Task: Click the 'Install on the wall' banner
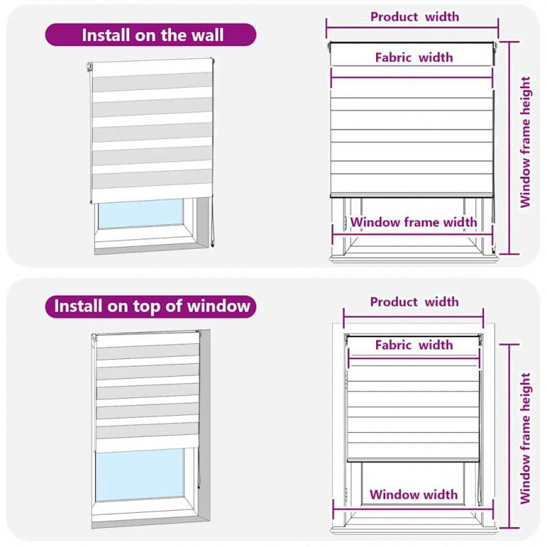point(150,35)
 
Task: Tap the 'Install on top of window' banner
point(150,306)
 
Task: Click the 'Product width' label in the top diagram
point(414,16)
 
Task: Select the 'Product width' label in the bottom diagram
point(414,302)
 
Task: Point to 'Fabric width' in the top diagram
point(414,57)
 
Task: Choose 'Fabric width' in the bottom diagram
point(414,345)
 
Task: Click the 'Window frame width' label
point(414,222)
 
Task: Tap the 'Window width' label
point(414,494)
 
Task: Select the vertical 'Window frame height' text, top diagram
point(525,142)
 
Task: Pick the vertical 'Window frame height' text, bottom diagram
point(525,438)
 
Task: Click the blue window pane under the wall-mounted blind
point(141,213)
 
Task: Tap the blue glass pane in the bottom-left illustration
point(139,475)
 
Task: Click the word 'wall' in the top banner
point(207,35)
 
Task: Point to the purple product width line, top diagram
point(412,28)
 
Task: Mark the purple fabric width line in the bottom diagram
point(414,357)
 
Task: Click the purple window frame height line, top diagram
point(509,148)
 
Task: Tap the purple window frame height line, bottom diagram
point(509,436)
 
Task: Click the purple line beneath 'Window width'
point(413,509)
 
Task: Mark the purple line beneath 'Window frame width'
point(412,235)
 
